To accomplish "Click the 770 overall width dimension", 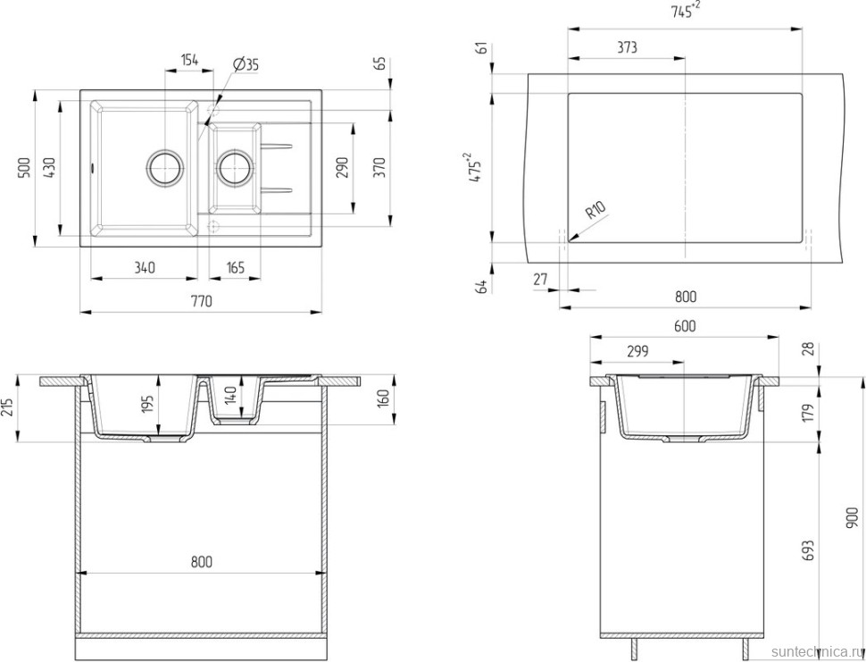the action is (x=202, y=302).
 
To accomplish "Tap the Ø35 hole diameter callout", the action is (x=246, y=64).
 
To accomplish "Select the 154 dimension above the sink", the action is (x=189, y=60).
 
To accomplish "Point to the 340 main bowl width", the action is (x=144, y=268).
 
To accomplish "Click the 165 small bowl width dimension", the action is (x=235, y=268).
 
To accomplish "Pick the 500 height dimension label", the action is (x=23, y=167).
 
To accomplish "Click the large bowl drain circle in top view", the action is (x=164, y=166).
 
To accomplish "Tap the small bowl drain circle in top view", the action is (x=236, y=166).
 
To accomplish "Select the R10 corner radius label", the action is (x=595, y=211).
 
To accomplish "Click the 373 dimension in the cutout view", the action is (x=627, y=48).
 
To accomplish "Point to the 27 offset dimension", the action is (x=540, y=280).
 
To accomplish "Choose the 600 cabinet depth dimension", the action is (x=685, y=327).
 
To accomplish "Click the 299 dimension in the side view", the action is (x=637, y=351).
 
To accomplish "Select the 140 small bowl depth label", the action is (x=231, y=396).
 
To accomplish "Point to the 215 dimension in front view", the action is (x=8, y=407).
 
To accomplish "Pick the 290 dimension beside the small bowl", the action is (x=342, y=167).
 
